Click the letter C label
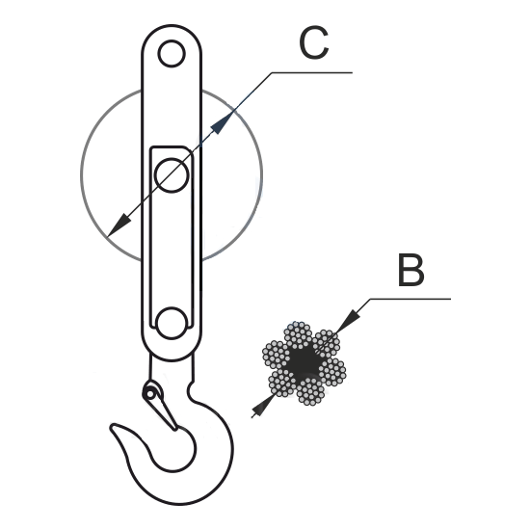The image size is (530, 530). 314,43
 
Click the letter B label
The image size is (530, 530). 411,270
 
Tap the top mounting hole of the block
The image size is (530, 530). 172,53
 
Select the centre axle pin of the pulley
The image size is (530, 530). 172,175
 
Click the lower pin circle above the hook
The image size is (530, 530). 172,323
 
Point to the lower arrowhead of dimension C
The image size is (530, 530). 119,225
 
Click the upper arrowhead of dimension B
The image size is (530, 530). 348,321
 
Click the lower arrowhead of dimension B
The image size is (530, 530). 263,406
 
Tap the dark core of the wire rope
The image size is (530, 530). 304,363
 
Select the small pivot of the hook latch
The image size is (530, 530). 149,393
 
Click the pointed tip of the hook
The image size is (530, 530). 112,427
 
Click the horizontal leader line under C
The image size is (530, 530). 312,72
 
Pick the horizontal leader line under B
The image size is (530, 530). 411,299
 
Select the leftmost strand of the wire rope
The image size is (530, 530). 277,355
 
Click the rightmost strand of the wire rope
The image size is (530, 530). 331,371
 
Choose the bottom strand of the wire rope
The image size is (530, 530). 310,391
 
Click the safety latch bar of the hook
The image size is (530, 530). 163,410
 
